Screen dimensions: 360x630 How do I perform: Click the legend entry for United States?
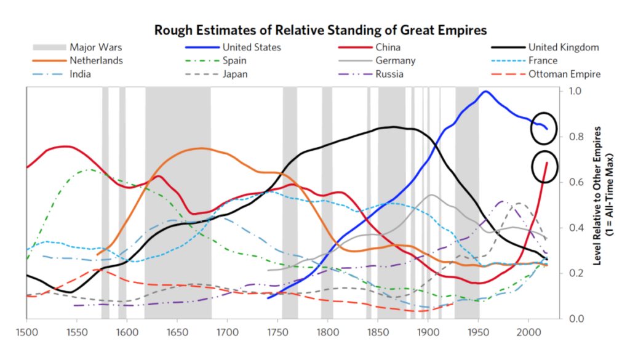[x=252, y=47]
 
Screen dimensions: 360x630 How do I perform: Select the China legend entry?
[x=388, y=47]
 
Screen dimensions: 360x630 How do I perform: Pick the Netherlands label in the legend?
[x=96, y=60]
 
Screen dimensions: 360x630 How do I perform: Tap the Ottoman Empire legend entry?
[x=564, y=74]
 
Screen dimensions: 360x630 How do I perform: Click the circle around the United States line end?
[x=544, y=127]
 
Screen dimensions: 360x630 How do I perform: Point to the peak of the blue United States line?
[x=486, y=92]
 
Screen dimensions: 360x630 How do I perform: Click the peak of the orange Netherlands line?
[x=201, y=148]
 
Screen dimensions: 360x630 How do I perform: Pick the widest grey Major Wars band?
[x=178, y=203]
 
